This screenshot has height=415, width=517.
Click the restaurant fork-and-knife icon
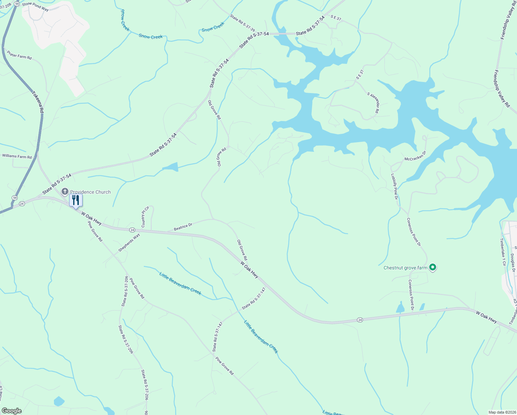[76, 200]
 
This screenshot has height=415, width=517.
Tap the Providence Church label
[90, 192]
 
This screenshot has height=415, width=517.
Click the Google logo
[11, 411]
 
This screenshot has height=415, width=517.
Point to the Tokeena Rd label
[38, 102]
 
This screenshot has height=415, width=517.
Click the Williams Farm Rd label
[17, 156]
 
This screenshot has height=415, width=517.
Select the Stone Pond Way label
[35, 7]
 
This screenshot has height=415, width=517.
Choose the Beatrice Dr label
[183, 227]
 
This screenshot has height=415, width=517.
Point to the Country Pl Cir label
[145, 217]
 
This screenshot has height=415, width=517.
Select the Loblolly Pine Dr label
[394, 186]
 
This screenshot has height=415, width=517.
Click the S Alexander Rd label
[373, 103]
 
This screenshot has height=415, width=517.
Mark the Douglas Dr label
[513, 263]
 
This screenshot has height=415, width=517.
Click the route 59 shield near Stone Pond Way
[17, 3]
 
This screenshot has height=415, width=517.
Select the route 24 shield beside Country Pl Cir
[132, 230]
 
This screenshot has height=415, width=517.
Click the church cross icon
[65, 192]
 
